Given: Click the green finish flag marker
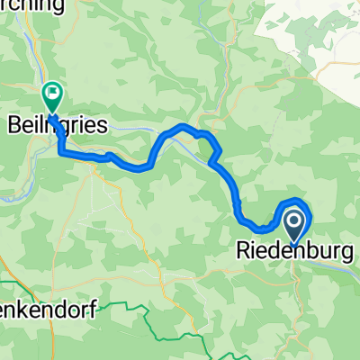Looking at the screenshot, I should pos(53,91).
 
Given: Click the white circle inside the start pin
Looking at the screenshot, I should pos(294,219).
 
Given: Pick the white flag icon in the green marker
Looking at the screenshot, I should pos(53,90).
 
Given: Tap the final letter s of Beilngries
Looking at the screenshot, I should pos(103,127).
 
